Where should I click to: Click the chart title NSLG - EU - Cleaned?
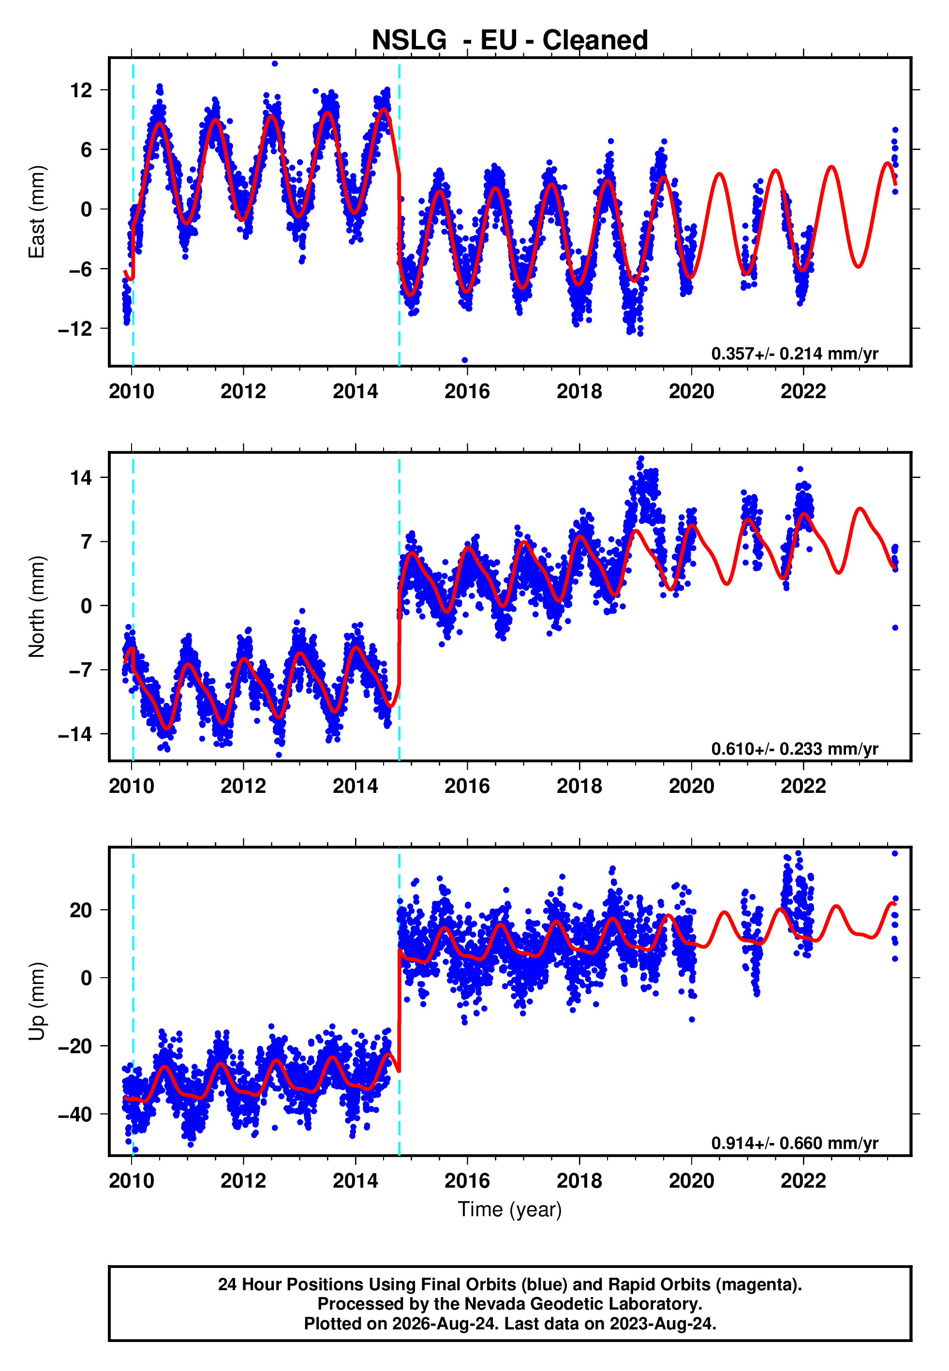click(x=510, y=41)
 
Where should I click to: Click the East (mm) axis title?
click(x=37, y=212)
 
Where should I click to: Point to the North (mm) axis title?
click(x=37, y=607)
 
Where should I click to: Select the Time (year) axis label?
click(x=510, y=1210)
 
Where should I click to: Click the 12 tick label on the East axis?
click(x=81, y=90)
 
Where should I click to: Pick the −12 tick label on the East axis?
click(x=75, y=329)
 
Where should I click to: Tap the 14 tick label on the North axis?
click(x=81, y=477)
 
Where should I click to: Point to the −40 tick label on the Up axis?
click(x=75, y=1114)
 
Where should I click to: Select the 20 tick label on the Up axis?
click(x=81, y=910)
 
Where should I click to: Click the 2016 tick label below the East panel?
click(x=467, y=392)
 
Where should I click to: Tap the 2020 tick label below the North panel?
click(x=692, y=787)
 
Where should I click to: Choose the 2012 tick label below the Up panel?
click(x=243, y=1181)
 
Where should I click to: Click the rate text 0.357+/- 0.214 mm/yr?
click(x=795, y=354)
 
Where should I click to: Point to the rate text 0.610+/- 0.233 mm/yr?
click(x=795, y=748)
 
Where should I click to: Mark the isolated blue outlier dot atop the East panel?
click(x=275, y=63)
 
